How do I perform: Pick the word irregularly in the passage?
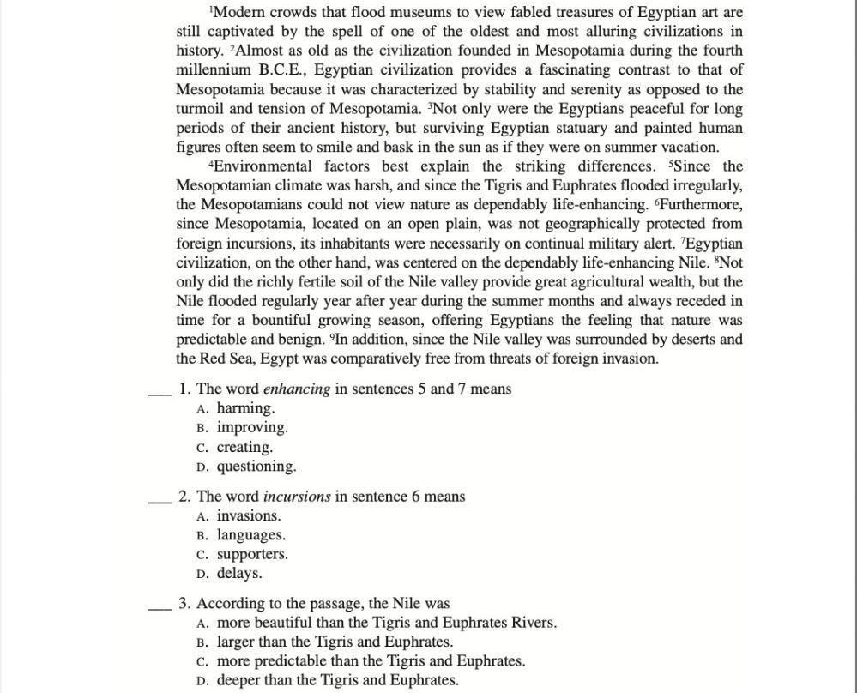point(705,185)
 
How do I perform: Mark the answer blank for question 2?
point(160,500)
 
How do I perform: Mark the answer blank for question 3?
point(160,607)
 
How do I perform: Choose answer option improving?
point(252,427)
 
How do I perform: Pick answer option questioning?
point(256,467)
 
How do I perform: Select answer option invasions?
point(249,515)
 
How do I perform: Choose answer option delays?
point(239,573)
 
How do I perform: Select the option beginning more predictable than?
point(371,660)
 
